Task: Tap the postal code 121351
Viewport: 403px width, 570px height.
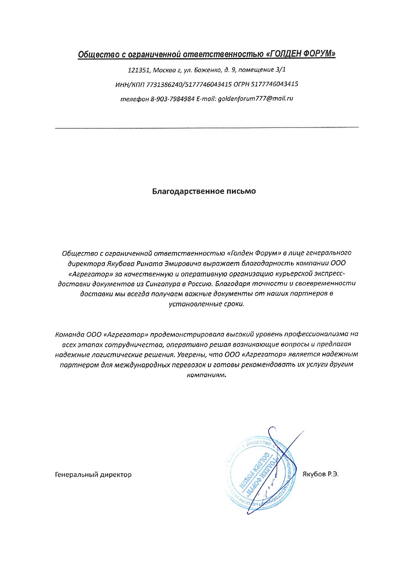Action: point(139,70)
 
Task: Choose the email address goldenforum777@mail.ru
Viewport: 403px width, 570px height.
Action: point(255,99)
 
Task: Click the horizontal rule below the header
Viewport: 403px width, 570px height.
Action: point(207,127)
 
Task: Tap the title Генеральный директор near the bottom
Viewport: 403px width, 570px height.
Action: point(93,474)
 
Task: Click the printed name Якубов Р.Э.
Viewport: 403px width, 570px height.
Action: point(320,474)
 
